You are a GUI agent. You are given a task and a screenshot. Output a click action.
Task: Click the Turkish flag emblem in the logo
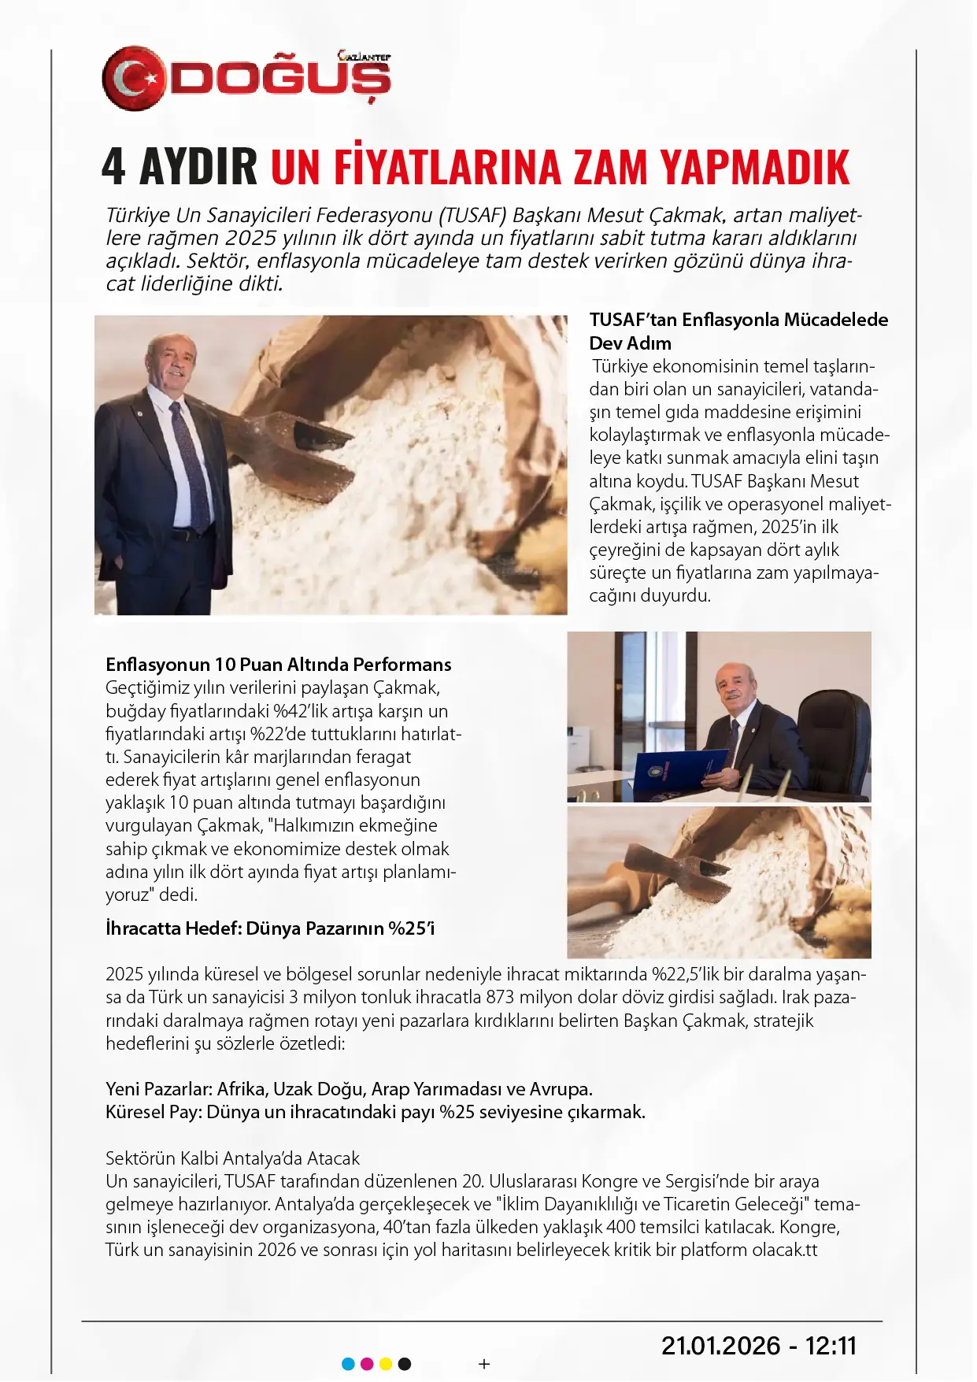pyautogui.click(x=135, y=78)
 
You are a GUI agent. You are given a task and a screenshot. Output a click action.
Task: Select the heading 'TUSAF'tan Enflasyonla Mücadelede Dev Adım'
pyautogui.click(x=738, y=332)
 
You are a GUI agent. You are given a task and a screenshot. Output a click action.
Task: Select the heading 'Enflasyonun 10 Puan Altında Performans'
pyautogui.click(x=279, y=665)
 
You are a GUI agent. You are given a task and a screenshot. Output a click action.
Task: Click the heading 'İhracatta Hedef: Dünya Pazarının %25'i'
pyautogui.click(x=270, y=928)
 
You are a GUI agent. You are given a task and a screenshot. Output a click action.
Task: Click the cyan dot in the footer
pyautogui.click(x=348, y=1364)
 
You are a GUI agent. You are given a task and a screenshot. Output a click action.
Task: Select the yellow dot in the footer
pyautogui.click(x=386, y=1364)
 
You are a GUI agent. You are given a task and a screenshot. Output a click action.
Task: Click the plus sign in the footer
pyautogui.click(x=484, y=1364)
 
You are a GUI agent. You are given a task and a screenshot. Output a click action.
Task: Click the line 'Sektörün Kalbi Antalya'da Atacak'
pyautogui.click(x=232, y=1158)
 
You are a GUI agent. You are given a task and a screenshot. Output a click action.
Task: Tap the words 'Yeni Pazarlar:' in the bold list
pyautogui.click(x=158, y=1089)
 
